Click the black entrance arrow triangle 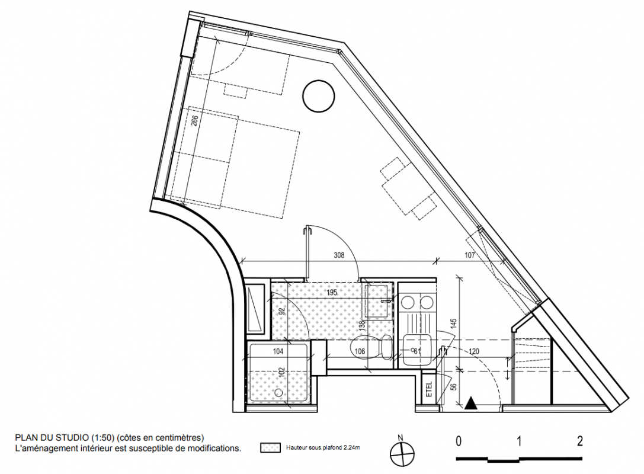[471, 403]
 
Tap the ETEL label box [429, 388]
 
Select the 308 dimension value [339, 255]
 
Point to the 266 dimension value [195, 120]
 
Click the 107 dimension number [469, 255]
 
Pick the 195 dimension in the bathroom [331, 293]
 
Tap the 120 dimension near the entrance [473, 351]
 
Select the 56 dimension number [453, 387]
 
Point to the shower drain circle [279, 393]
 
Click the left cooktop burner [408, 303]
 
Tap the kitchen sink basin [417, 350]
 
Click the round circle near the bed [319, 96]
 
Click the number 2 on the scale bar [579, 441]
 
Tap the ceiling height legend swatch [270, 447]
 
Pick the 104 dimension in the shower [278, 351]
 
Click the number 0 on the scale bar [459, 441]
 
